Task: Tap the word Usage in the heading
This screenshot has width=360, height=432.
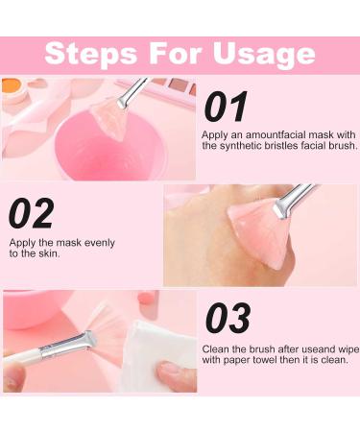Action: (262, 53)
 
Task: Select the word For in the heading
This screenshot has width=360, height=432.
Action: (171, 53)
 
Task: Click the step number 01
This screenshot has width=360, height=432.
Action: (226, 107)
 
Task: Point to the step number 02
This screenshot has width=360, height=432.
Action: (36, 214)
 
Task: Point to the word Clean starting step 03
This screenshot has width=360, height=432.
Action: (218, 348)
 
